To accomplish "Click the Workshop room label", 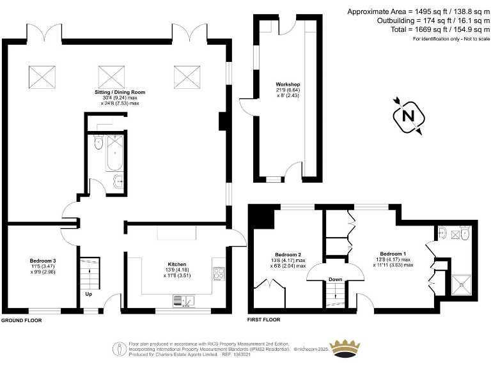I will click(x=288, y=85).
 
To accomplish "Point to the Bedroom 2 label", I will click(x=288, y=254).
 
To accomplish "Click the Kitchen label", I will click(x=176, y=264).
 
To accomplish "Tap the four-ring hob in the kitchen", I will click(x=219, y=273).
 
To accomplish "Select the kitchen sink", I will click(x=182, y=300).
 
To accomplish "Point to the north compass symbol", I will click(x=407, y=117).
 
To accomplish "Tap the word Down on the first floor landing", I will click(x=335, y=279).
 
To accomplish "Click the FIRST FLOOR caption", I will click(x=267, y=318).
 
